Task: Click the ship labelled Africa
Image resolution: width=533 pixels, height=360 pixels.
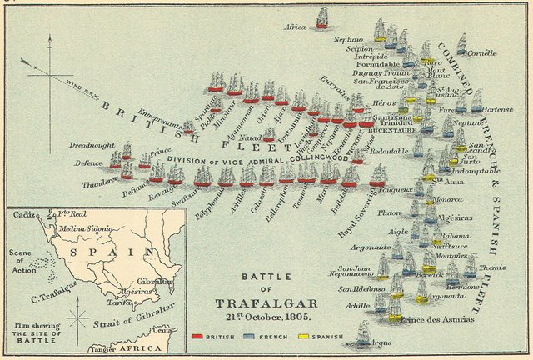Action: coord(322,19)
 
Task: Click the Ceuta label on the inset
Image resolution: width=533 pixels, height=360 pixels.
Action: coord(167,330)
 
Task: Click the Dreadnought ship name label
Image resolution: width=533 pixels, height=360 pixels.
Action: coord(93,144)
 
